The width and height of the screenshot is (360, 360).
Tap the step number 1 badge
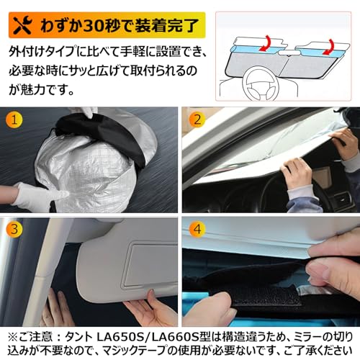[14, 120]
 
